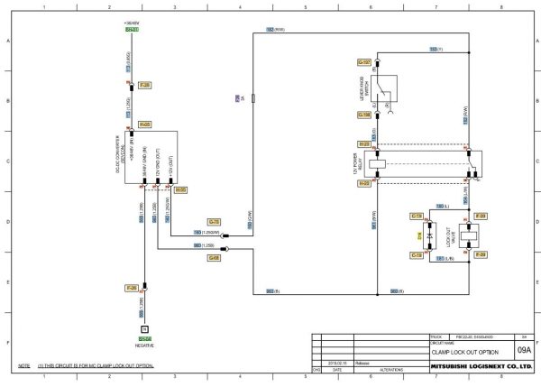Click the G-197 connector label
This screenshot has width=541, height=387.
point(364,62)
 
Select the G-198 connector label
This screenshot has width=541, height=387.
point(364,115)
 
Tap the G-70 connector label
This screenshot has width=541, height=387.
point(214,221)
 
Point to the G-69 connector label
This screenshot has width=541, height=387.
point(214,258)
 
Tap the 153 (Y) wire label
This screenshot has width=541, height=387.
point(434,48)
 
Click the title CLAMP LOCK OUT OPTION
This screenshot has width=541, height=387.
point(464,351)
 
